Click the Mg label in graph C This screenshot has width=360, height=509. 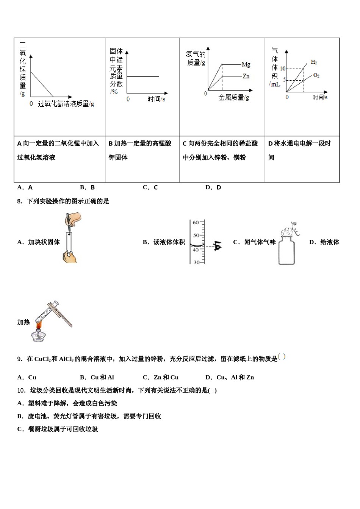point(246,65)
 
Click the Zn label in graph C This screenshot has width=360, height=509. point(246,76)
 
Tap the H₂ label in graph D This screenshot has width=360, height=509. point(314,62)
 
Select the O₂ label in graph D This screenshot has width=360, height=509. point(316,75)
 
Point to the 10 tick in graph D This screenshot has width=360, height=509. point(282,69)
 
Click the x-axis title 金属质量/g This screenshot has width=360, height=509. point(233,98)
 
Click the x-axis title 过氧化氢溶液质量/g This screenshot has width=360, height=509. point(66,103)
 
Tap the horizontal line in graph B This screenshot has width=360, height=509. point(143,76)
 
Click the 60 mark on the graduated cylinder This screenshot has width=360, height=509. point(196,222)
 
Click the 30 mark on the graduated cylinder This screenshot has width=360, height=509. point(196,262)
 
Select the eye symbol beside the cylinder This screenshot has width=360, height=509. point(217,246)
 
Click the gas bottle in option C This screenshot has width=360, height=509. point(286,250)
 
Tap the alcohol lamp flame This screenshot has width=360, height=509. point(39,325)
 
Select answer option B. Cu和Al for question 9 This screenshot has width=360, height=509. point(97,377)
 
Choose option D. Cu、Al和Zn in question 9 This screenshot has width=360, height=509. point(230,377)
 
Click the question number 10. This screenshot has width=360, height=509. point(21,390)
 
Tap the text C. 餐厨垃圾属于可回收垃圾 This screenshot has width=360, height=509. point(58,429)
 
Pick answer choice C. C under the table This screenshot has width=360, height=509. point(150,187)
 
